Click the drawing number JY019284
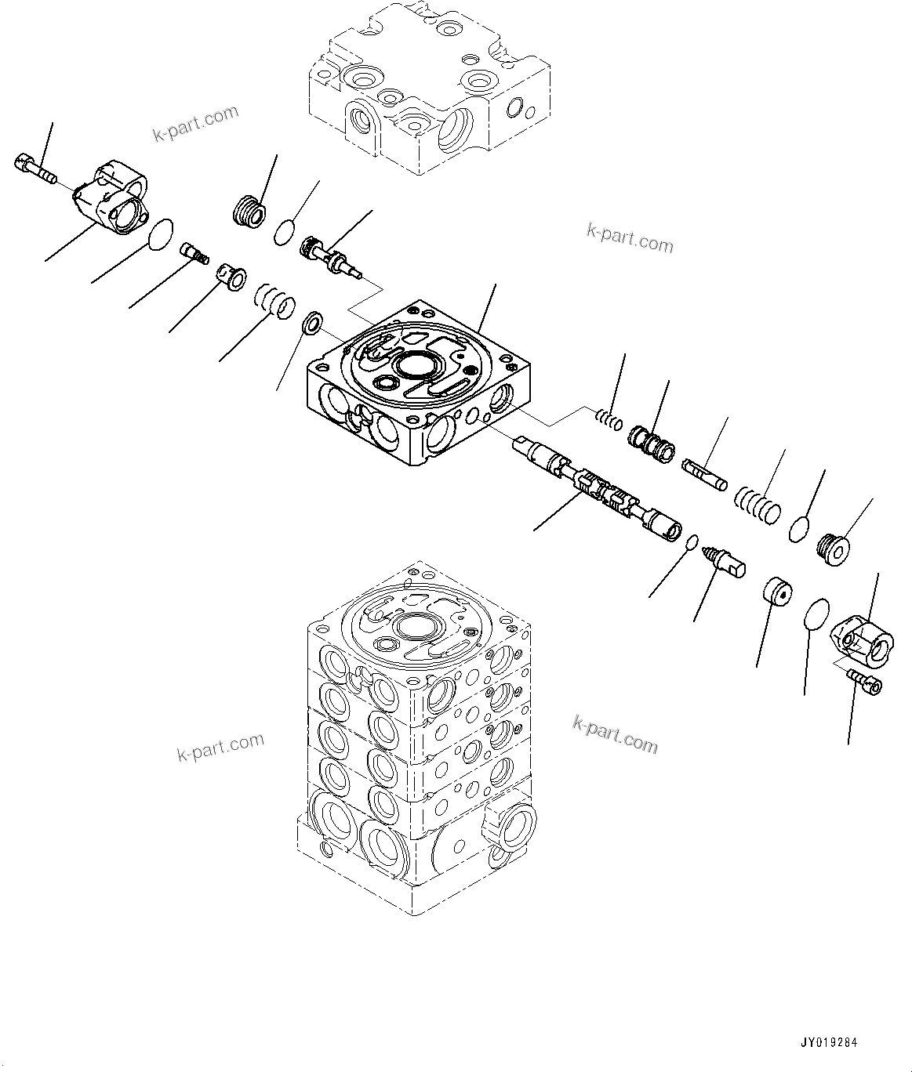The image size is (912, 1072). click(x=830, y=1043)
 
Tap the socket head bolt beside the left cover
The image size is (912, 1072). click(x=34, y=168)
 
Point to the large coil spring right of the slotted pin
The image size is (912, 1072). click(x=758, y=505)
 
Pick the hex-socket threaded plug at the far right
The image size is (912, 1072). click(x=833, y=548)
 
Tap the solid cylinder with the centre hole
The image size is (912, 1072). click(x=777, y=591)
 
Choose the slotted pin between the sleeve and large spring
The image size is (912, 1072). click(x=705, y=475)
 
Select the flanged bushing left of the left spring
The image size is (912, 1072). click(x=231, y=277)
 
